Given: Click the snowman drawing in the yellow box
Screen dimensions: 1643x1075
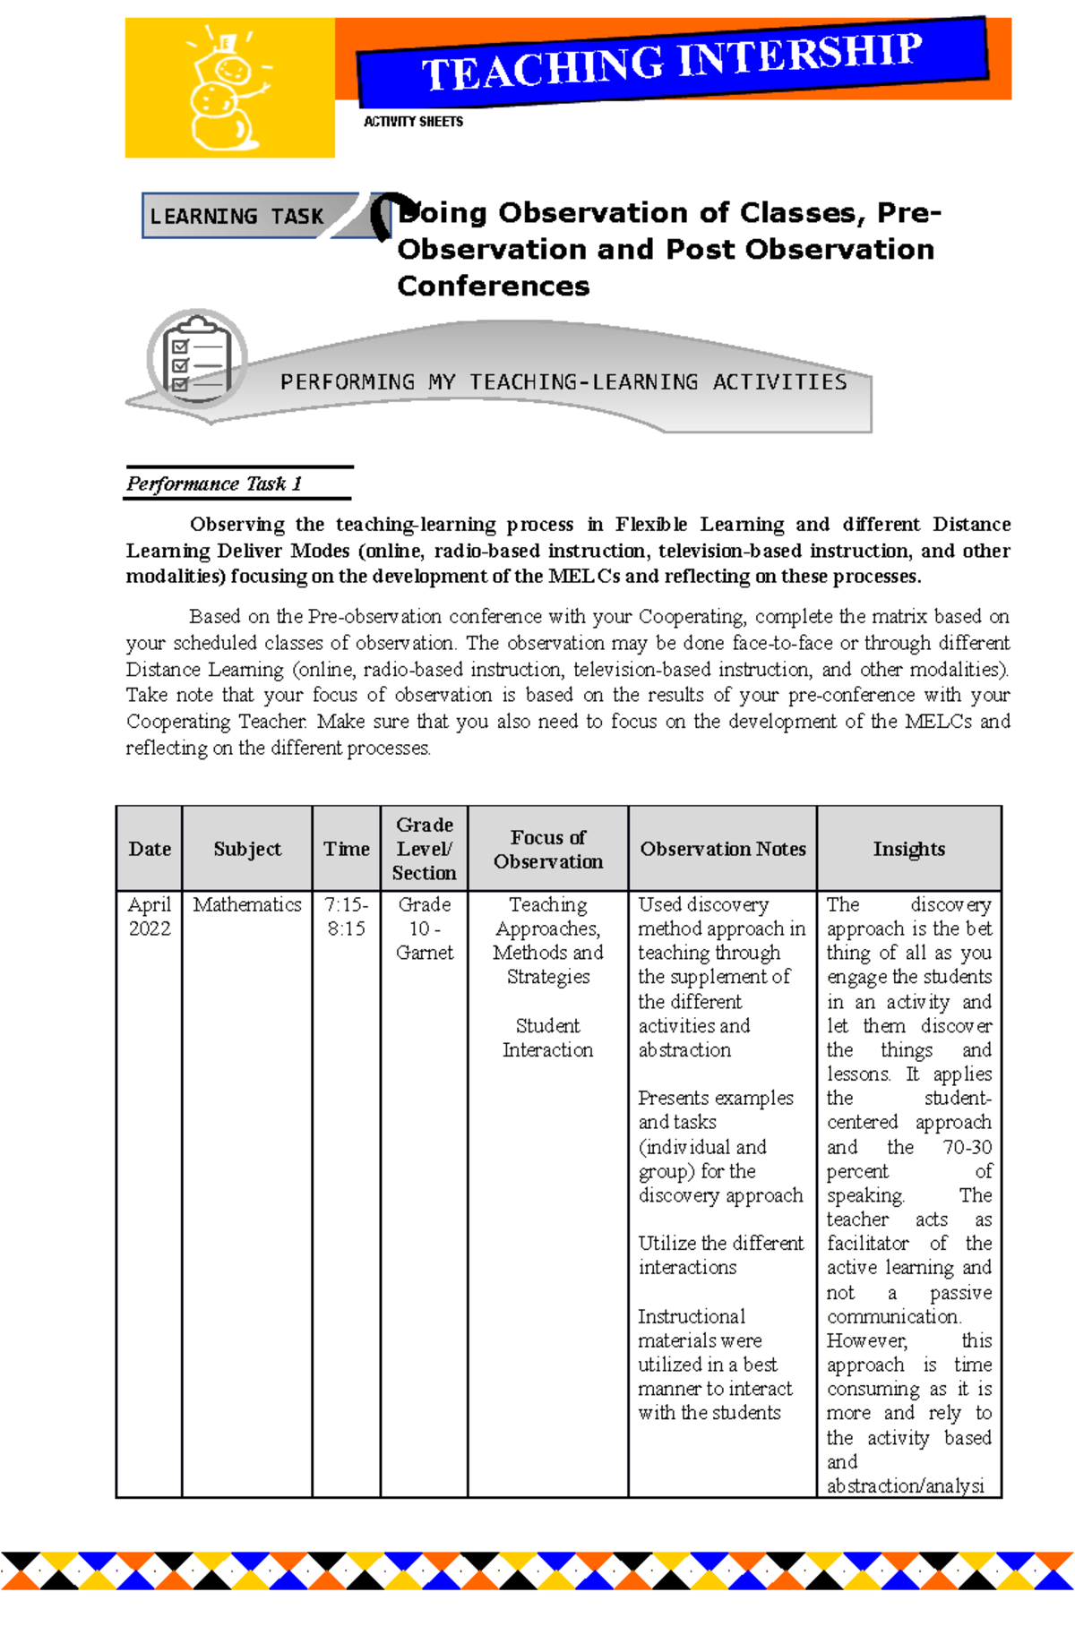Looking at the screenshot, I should pyautogui.click(x=224, y=91).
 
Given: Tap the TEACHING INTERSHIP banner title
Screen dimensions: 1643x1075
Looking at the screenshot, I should pyautogui.click(x=672, y=61).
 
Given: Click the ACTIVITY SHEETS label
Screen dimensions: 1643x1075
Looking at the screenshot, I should pyautogui.click(x=413, y=122).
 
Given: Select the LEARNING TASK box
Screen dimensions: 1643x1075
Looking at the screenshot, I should pyautogui.click(x=237, y=217).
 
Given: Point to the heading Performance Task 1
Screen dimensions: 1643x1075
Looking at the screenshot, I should pyautogui.click(x=214, y=484).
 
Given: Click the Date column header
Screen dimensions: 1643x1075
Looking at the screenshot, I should pyautogui.click(x=150, y=849).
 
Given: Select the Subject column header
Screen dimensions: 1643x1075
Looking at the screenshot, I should pyautogui.click(x=247, y=849).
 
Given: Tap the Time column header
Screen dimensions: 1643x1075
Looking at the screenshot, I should pyautogui.click(x=347, y=849).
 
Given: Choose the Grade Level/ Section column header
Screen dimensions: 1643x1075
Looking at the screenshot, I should pyautogui.click(x=425, y=849).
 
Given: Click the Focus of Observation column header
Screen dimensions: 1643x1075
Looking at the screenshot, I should pyautogui.click(x=548, y=849).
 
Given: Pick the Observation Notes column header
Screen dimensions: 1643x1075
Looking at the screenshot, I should pyautogui.click(x=723, y=849).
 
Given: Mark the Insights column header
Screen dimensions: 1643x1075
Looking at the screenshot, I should pyautogui.click(x=908, y=849).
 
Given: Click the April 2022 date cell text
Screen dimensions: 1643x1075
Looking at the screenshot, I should pyautogui.click(x=150, y=917).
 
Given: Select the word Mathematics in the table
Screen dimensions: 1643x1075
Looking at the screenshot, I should pyautogui.click(x=247, y=905).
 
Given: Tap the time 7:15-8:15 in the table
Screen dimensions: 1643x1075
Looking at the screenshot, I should pyautogui.click(x=347, y=917).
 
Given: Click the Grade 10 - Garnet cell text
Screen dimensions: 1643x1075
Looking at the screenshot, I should pyautogui.click(x=425, y=928).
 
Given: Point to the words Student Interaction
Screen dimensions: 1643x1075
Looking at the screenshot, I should pyautogui.click(x=548, y=1038).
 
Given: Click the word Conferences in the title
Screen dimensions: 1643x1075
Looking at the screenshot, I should pyautogui.click(x=494, y=287).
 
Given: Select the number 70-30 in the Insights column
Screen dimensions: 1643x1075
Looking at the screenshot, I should pyautogui.click(x=967, y=1147).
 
